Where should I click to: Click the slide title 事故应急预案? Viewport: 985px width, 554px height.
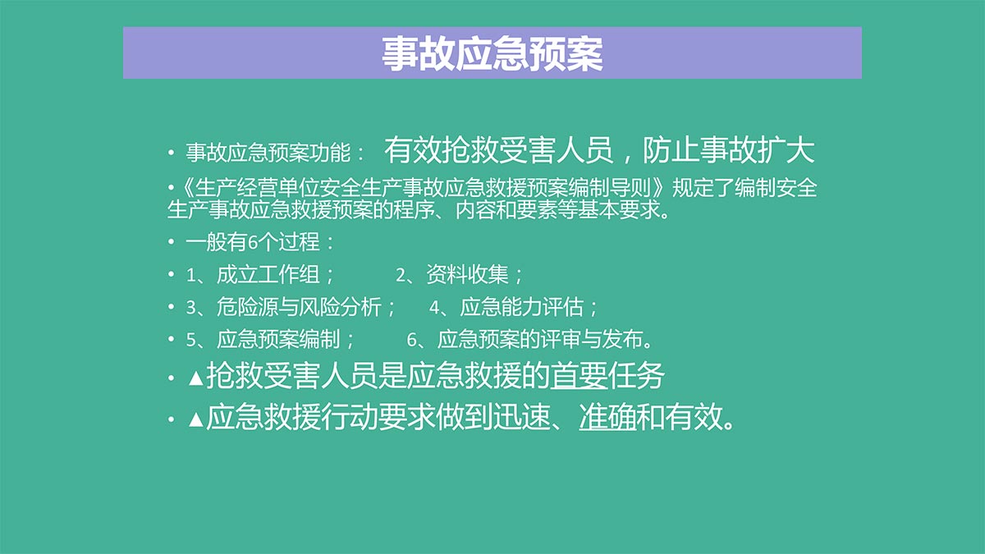492,53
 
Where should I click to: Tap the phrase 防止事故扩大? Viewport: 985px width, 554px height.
729,151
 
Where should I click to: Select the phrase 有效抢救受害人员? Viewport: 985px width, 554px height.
498,151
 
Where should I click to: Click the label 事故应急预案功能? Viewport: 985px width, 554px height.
268,153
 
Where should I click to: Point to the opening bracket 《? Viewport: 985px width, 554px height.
186,188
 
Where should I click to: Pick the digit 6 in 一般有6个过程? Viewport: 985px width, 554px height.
253,242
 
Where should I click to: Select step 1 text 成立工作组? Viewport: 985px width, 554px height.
268,274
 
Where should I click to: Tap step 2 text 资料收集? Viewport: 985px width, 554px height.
467,274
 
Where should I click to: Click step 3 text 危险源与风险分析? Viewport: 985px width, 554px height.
299,307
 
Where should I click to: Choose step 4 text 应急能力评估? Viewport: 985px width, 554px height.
521,307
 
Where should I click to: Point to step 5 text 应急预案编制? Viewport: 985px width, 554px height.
278,340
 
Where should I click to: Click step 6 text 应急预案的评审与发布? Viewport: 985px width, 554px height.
539,340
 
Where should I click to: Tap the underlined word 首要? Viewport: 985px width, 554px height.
578,376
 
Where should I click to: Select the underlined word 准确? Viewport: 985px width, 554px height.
607,417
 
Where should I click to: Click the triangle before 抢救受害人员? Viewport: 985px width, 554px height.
195,378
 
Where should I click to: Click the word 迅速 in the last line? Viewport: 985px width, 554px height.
521,417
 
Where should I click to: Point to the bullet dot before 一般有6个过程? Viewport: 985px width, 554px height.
171,242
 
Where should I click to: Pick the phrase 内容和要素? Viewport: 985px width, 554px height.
506,210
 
